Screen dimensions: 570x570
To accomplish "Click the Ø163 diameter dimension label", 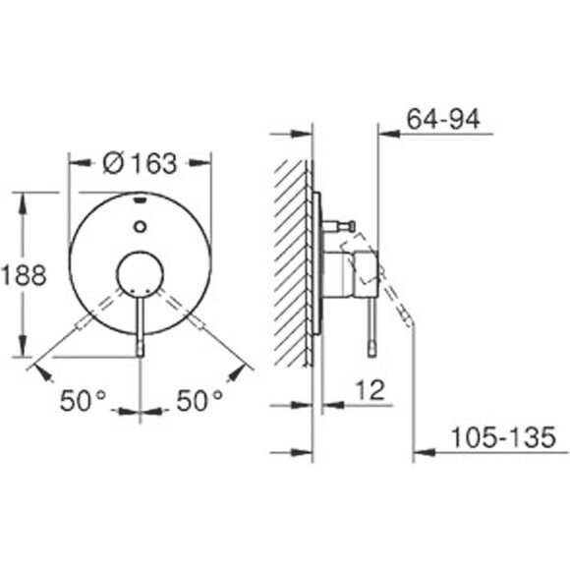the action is pos(141,163).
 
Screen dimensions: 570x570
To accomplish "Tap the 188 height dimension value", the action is pos(24,274).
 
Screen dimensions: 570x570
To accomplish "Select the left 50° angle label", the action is pos(83,400).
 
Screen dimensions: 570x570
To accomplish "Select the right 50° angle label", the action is pos(199,400).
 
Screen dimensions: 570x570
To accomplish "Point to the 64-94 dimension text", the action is pos(443,119).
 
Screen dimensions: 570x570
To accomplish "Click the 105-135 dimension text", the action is pos(503,437).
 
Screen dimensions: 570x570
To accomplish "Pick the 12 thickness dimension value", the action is pos(370,390).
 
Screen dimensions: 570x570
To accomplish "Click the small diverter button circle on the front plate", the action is pos(140,227).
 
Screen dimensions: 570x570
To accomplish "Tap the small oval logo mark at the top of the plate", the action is pos(140,199).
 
